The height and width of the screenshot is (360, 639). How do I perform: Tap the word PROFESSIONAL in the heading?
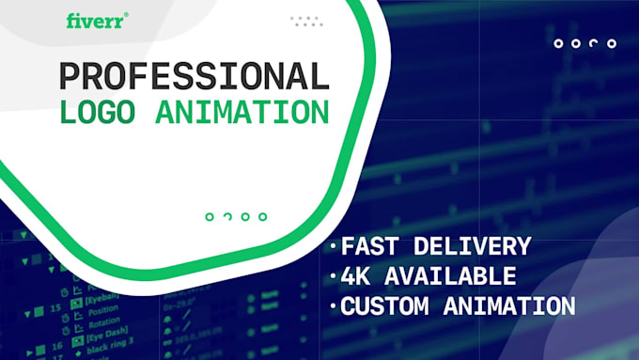195,76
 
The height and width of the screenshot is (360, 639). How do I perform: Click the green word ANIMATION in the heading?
242,112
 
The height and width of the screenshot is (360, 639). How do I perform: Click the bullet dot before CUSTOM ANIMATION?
333,306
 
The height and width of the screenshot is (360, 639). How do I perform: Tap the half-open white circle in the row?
594,43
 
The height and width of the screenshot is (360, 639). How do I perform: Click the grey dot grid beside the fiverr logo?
306,21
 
